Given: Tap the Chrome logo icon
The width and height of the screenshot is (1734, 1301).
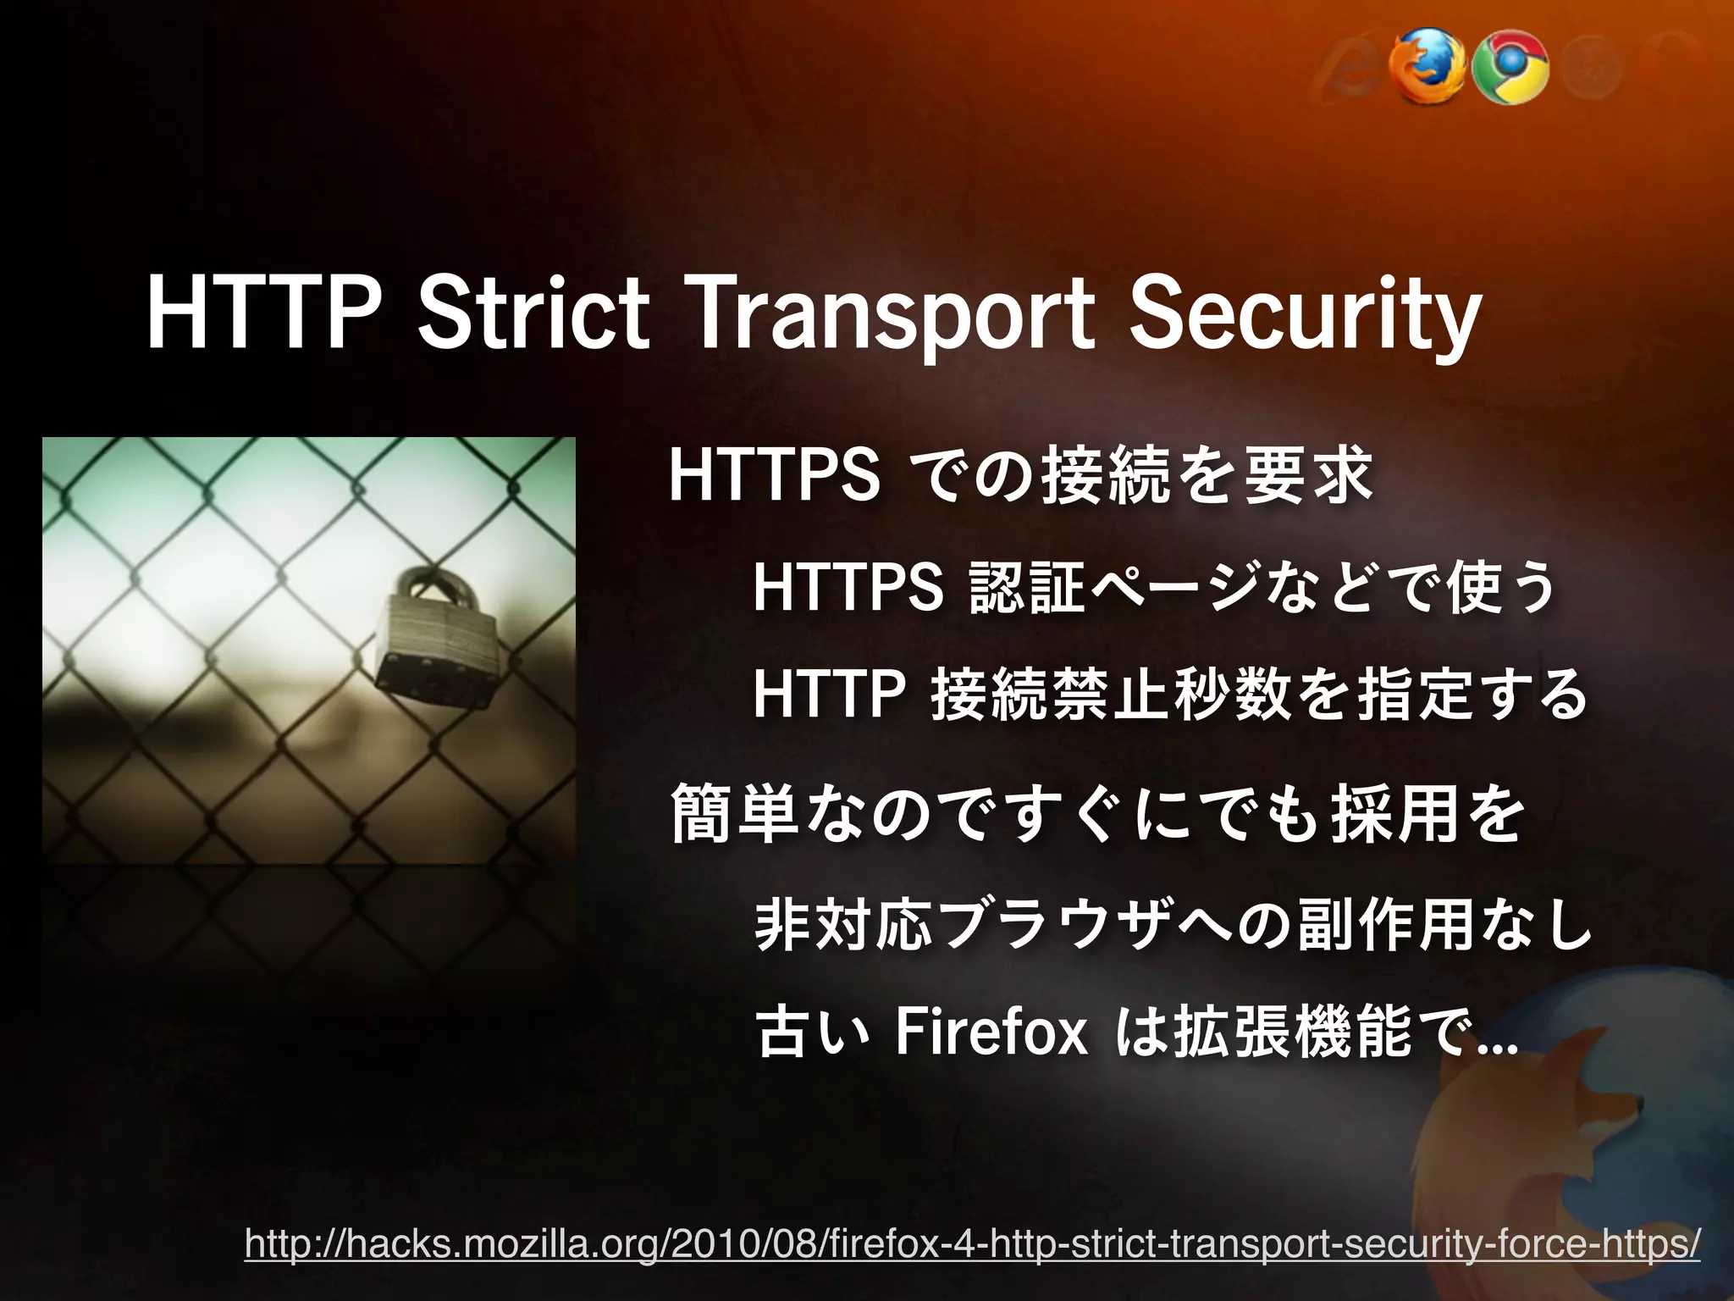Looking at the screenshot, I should tap(1510, 69).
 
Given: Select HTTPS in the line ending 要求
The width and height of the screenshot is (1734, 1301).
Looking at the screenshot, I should tap(774, 476).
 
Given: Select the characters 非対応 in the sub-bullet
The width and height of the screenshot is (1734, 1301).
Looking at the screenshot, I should tap(843, 925).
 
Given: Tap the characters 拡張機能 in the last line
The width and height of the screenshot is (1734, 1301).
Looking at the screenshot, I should tap(1291, 1033).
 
